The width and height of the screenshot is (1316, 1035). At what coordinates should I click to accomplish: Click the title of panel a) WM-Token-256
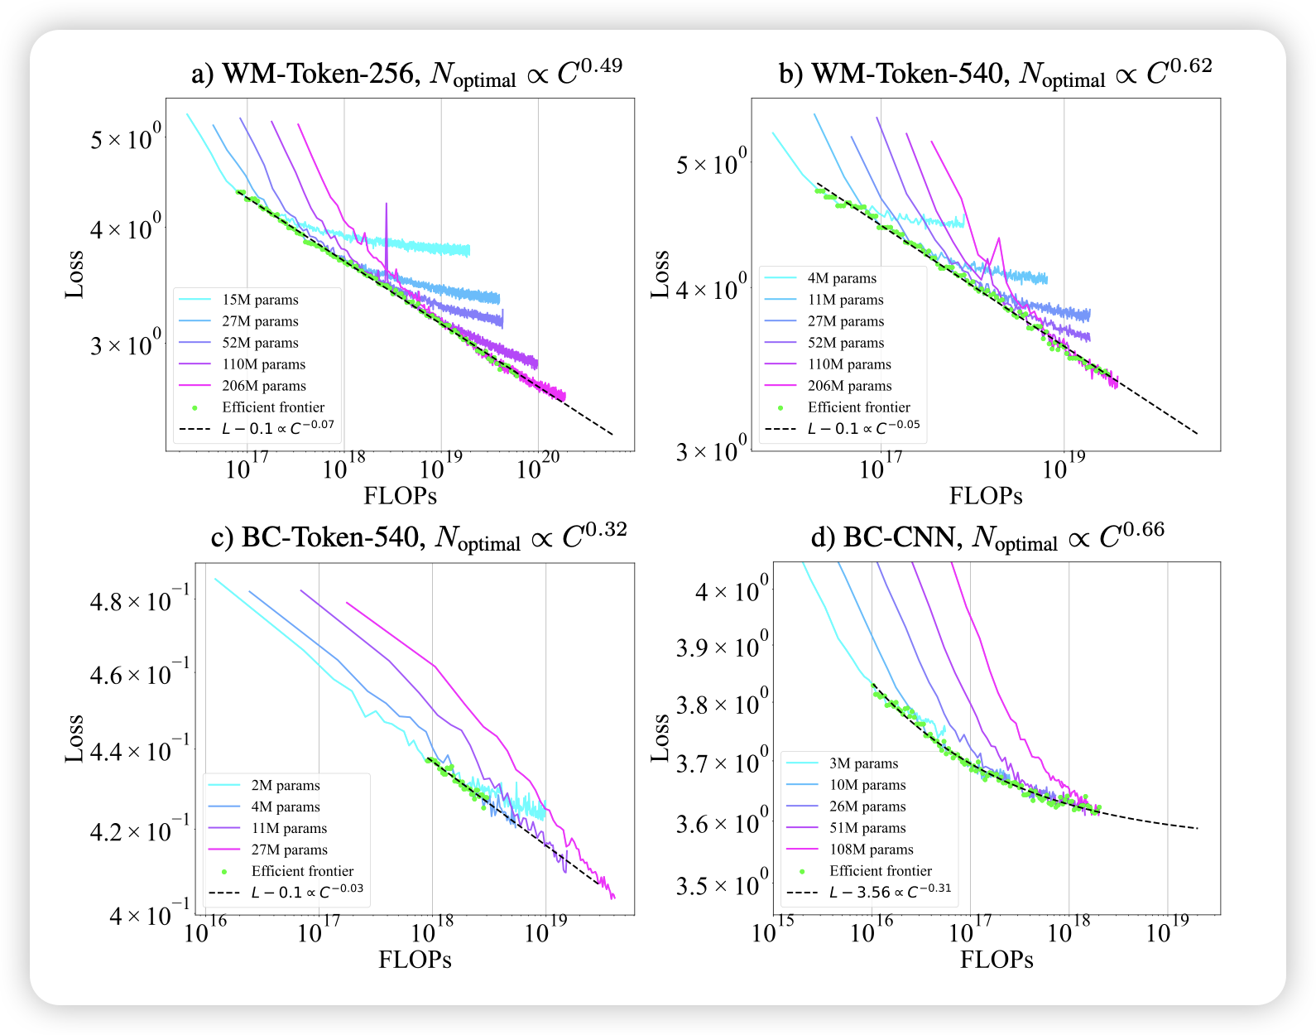coord(406,75)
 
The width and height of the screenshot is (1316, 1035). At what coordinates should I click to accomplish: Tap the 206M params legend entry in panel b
coord(849,386)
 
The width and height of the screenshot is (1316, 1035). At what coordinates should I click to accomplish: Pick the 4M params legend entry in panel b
coord(842,278)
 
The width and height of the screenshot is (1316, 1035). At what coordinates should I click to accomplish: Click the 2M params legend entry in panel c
coord(285,785)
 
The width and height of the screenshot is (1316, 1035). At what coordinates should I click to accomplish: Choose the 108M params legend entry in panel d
coord(871,850)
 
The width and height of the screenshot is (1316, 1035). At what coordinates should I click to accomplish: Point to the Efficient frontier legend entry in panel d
coord(880,871)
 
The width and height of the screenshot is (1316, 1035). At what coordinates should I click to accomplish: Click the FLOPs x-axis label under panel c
coord(415,960)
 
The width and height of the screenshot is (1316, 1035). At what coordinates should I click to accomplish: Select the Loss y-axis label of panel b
coord(660,274)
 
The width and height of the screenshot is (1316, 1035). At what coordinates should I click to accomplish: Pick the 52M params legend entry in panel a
coord(260,343)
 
